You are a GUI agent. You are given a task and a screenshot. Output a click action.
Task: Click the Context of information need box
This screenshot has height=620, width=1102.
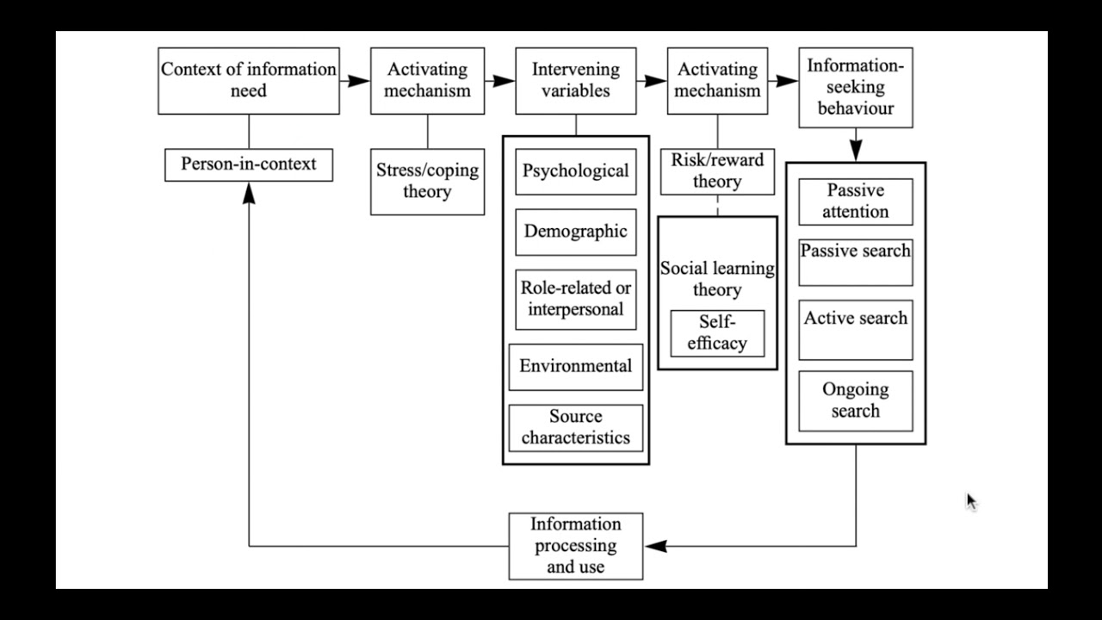249,80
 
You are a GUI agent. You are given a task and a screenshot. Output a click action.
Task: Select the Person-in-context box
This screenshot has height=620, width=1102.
249,164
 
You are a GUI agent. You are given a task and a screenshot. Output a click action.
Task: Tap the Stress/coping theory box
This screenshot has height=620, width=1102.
427,181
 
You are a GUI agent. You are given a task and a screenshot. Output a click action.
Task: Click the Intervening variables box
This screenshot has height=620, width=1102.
575,80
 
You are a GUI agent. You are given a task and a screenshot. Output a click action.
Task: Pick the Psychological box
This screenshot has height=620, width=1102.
575,170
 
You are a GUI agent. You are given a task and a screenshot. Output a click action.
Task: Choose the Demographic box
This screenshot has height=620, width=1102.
575,232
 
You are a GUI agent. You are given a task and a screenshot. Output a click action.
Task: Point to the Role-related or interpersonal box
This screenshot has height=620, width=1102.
575,299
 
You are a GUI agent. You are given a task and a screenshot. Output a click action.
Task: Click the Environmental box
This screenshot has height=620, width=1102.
575,366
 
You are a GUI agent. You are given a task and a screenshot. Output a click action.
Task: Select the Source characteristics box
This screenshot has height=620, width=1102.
575,427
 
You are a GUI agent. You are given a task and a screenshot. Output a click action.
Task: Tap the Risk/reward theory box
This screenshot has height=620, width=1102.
717,170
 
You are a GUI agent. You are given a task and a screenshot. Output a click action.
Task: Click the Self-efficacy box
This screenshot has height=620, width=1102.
717,332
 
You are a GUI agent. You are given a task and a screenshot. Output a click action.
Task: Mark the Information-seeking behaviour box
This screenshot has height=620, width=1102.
855,88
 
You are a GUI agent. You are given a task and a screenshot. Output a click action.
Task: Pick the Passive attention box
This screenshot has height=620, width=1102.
855,201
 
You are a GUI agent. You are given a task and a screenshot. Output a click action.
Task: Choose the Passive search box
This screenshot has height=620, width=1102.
855,262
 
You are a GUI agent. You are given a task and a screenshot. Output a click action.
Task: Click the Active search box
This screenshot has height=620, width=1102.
855,329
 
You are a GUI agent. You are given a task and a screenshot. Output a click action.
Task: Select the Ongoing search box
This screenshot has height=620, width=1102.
855,400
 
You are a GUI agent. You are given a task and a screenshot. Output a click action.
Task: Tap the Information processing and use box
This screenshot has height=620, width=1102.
575,546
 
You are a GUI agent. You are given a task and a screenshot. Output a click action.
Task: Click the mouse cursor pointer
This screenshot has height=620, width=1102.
971,502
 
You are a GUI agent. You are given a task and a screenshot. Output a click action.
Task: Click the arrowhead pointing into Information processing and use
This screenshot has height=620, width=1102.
655,546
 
